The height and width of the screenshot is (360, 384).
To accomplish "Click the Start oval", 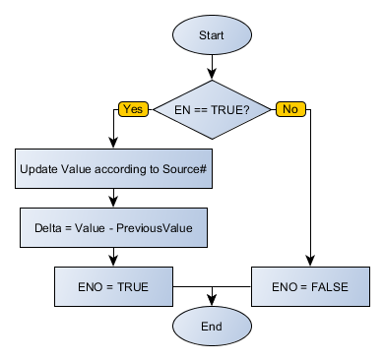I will pos(212,35).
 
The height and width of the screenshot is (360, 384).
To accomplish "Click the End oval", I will pos(212,327).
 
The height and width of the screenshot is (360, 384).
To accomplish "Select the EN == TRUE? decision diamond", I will pos(212,110).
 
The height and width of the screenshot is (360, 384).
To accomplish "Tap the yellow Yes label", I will pos(133,109).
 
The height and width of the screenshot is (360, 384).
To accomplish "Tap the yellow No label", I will pos(289,109).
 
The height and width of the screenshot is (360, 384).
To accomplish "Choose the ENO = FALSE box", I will pos(310,286).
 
